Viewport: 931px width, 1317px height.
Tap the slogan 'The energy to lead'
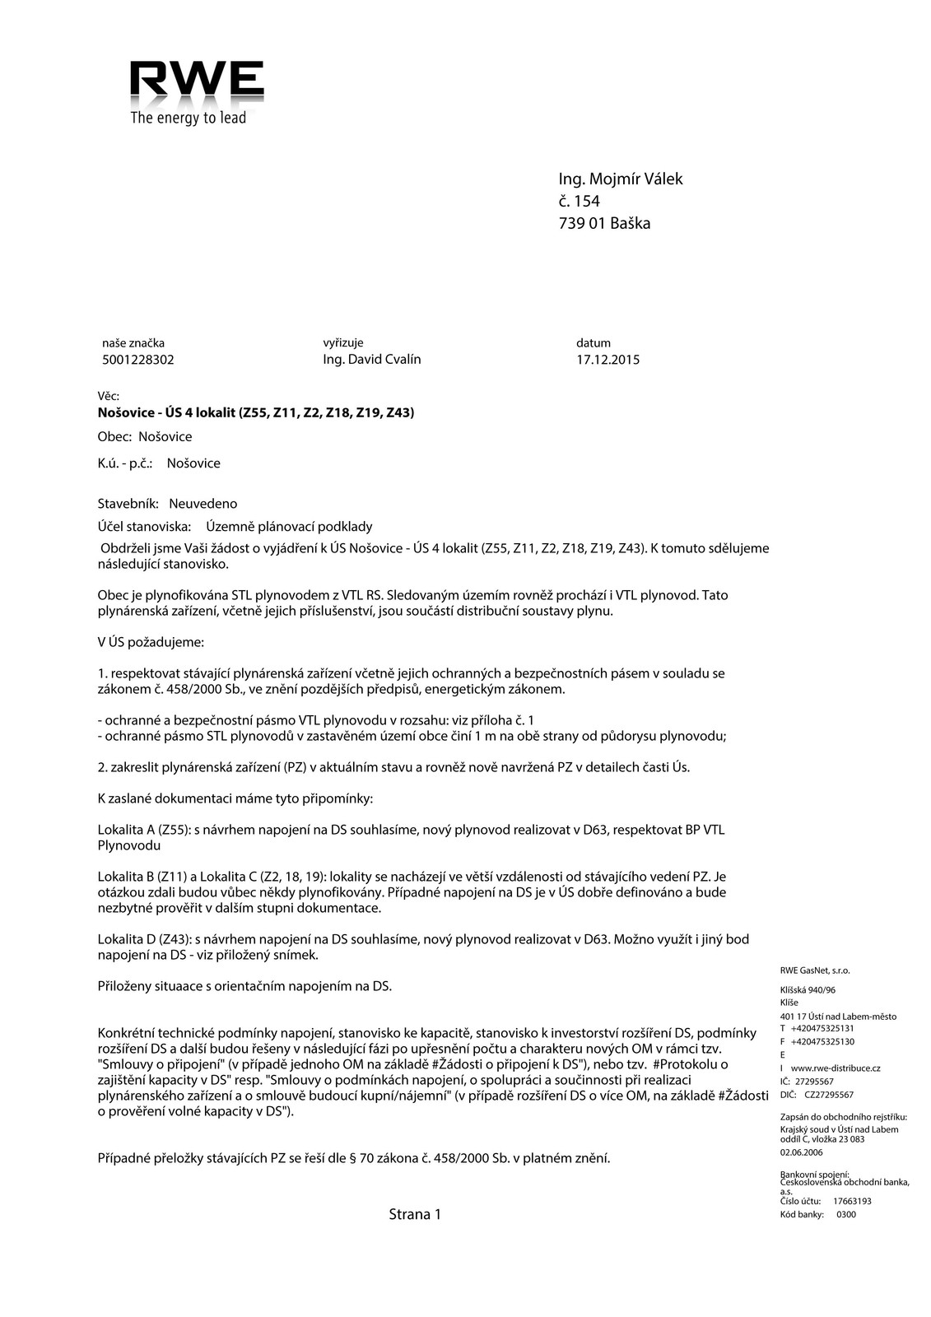point(189,119)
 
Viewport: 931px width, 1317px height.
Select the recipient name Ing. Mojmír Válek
point(620,179)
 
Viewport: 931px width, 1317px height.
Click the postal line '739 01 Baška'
point(603,223)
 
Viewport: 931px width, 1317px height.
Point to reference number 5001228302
point(138,360)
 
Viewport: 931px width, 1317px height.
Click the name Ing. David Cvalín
point(372,360)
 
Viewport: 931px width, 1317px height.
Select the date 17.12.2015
point(607,360)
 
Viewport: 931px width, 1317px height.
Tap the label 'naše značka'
point(133,342)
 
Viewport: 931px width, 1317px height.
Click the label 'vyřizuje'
point(343,342)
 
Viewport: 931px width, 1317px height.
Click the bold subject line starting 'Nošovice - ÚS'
point(255,412)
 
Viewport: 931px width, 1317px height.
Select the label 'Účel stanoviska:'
point(144,526)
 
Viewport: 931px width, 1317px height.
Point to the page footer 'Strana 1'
point(415,1214)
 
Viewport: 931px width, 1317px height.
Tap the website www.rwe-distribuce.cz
point(836,1068)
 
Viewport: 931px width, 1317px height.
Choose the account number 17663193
point(852,1201)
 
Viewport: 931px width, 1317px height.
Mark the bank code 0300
point(846,1214)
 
